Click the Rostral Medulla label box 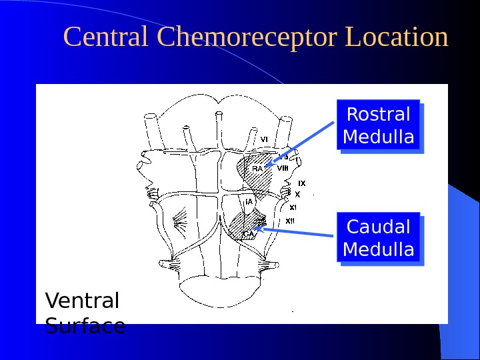pos(379,126)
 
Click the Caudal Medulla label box pos(379,238)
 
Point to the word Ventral pos(82,301)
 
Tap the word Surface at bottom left pos(85,326)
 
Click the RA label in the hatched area pos(257,168)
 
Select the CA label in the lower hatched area pos(247,233)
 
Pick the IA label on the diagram pos(249,201)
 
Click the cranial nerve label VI pos(264,139)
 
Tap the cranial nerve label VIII pos(283,169)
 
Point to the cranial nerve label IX pos(301,183)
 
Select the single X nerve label pos(298,195)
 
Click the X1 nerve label pos(293,207)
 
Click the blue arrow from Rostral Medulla pos(300,143)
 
